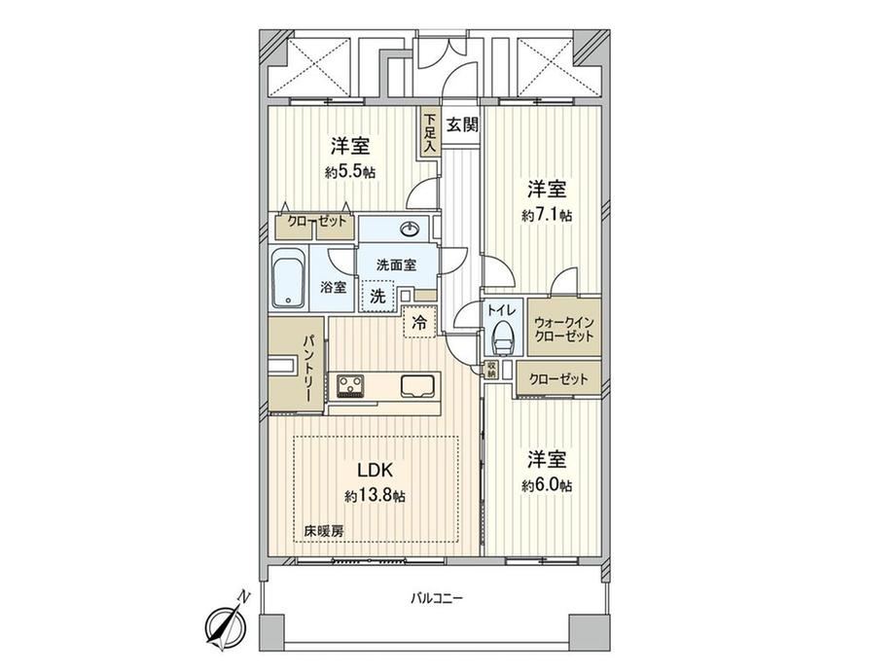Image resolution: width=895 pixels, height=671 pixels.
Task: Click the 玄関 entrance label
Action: click(462, 124)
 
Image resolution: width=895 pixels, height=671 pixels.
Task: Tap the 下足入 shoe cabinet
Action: click(429, 132)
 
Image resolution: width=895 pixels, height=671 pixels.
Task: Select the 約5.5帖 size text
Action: click(350, 172)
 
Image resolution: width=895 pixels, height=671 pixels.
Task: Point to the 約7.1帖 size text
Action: click(547, 215)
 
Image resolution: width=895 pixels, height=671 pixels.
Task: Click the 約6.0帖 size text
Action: click(547, 485)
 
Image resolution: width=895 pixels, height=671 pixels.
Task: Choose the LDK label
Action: click(375, 470)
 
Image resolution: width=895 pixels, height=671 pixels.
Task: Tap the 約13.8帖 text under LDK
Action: click(375, 496)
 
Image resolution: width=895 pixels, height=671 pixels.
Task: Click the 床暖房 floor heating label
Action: click(324, 531)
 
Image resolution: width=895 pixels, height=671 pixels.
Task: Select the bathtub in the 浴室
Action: click(288, 278)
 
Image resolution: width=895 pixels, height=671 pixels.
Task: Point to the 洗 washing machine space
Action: click(377, 297)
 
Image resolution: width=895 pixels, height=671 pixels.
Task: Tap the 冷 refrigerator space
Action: click(419, 322)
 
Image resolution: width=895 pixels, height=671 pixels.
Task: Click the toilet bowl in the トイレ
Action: click(503, 336)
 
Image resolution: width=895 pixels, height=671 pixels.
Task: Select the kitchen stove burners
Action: click(350, 385)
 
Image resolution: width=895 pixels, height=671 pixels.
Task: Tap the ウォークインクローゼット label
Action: click(564, 330)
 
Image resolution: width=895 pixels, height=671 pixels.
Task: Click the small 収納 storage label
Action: click(491, 370)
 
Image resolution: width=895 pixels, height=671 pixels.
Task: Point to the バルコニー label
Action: click(437, 598)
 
